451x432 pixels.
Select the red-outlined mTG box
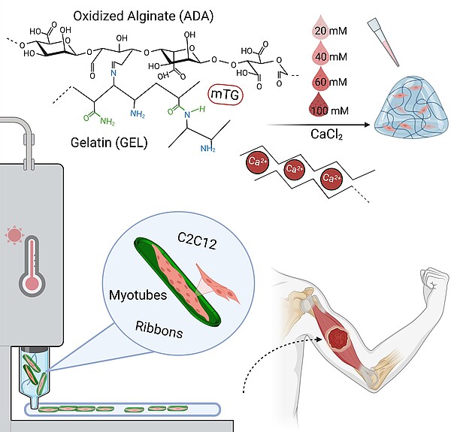pos(226,95)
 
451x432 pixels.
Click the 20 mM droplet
pos(318,32)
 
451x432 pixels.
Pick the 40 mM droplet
pos(318,56)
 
